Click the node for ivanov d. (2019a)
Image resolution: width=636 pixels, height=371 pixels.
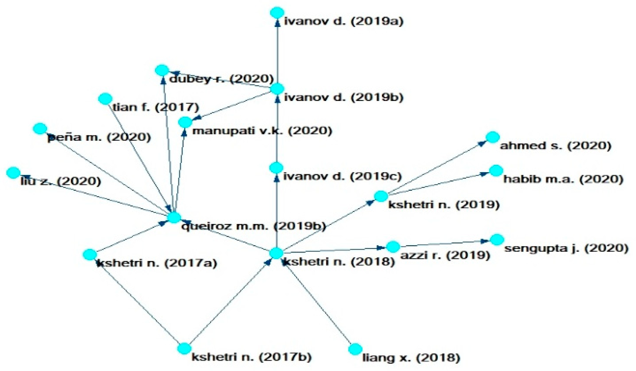click(277, 13)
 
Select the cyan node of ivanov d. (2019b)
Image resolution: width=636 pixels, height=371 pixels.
click(277, 89)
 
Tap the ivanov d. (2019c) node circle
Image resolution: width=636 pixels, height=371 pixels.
click(276, 168)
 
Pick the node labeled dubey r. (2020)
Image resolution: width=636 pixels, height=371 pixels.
click(162, 70)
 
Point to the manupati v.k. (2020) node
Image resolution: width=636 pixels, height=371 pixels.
click(185, 122)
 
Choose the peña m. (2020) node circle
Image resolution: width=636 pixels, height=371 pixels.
click(40, 129)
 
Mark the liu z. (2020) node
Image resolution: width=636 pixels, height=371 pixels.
click(13, 173)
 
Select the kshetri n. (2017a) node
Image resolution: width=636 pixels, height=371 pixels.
click(90, 254)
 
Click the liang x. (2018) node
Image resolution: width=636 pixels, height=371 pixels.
click(355, 349)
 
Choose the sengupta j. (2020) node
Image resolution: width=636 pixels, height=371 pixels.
click(497, 240)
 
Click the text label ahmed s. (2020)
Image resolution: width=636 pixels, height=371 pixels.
click(555, 146)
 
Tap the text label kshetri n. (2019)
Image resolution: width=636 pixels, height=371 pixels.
click(444, 204)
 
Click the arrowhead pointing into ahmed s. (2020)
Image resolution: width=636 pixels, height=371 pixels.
click(482, 143)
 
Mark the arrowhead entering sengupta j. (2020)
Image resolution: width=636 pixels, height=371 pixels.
click(485, 241)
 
